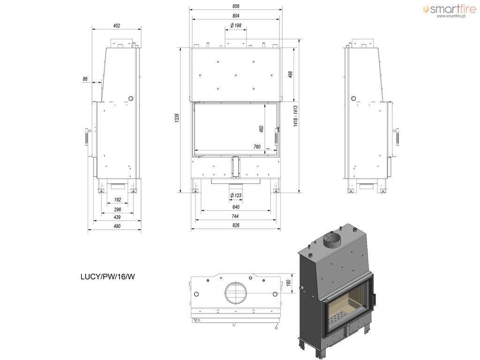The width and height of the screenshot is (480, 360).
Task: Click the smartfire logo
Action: [x=450, y=9]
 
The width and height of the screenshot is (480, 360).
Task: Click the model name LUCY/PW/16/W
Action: [x=107, y=277]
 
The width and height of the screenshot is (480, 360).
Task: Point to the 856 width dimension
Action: [x=236, y=6]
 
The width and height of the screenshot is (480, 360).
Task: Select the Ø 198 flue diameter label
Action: [x=236, y=25]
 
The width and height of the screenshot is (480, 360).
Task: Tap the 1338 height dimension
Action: [x=177, y=118]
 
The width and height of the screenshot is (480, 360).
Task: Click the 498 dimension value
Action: [x=290, y=75]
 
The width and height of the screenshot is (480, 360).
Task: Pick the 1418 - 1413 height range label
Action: [x=295, y=116]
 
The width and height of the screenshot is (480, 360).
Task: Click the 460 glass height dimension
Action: [x=261, y=129]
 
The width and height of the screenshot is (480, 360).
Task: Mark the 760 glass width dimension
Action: [x=257, y=147]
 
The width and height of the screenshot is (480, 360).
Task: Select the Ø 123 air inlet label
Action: [x=236, y=195]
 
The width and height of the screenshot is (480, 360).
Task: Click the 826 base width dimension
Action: [x=236, y=225]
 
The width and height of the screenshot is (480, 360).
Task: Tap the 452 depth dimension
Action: [x=117, y=26]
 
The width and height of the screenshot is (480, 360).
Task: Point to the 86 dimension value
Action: [x=85, y=79]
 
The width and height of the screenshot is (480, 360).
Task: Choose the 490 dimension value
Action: [x=117, y=226]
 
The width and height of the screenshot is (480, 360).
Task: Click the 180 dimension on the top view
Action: [x=288, y=283]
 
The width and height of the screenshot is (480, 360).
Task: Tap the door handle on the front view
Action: [x=277, y=137]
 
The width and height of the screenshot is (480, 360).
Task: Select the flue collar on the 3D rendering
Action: [x=332, y=240]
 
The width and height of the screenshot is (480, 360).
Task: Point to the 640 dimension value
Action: [x=236, y=207]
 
